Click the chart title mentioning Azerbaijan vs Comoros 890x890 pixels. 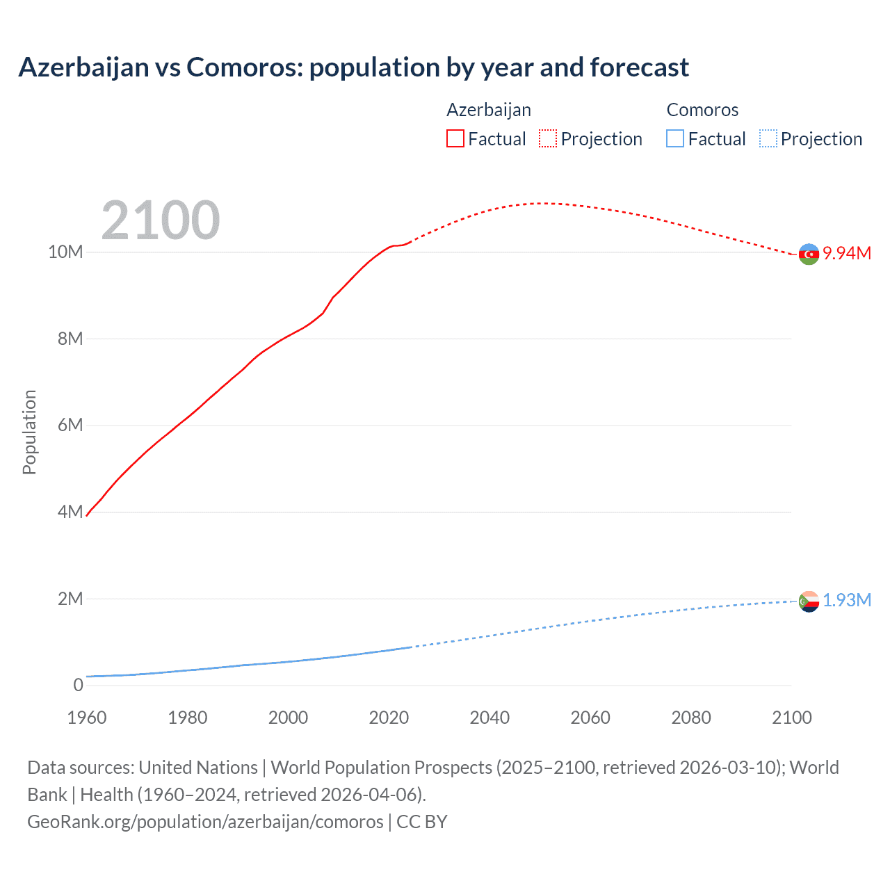click(353, 67)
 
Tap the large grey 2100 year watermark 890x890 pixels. click(161, 220)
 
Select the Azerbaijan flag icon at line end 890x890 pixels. click(809, 254)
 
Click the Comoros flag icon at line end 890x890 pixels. click(809, 601)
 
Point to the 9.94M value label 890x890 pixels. click(847, 253)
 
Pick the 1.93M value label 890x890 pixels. click(847, 600)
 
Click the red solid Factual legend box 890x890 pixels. click(455, 139)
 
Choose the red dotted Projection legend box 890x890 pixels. click(548, 139)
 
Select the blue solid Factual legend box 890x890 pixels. click(675, 139)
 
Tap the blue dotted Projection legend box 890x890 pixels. click(768, 139)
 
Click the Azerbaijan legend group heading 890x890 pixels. click(489, 110)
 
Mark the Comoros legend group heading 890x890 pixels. click(702, 110)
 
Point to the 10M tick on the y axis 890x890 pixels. click(65, 252)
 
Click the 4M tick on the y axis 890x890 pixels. click(70, 512)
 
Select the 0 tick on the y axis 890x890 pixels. click(78, 685)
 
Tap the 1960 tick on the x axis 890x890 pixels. click(87, 718)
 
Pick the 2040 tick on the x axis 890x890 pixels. click(489, 718)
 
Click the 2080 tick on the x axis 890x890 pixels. click(691, 718)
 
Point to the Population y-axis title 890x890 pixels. click(29, 432)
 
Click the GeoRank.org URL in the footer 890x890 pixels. click(205, 822)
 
